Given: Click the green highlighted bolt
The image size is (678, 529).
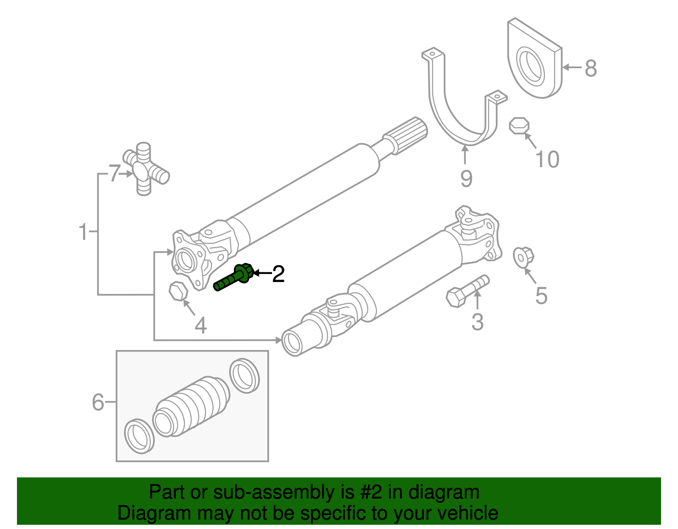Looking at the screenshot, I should [x=233, y=278].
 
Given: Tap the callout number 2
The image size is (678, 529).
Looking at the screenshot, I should [x=278, y=274].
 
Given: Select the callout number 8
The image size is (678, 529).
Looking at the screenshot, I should [x=591, y=68].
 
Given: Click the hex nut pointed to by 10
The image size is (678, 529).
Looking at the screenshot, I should [x=519, y=126].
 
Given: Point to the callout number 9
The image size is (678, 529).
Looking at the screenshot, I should [x=466, y=178].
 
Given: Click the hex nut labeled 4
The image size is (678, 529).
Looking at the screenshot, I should [x=178, y=291].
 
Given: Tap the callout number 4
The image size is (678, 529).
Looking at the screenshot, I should [x=200, y=325].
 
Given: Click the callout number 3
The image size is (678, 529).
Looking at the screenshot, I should [x=477, y=322].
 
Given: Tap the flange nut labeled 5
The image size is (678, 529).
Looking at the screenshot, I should [x=523, y=257].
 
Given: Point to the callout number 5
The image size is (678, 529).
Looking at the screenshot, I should [x=541, y=296].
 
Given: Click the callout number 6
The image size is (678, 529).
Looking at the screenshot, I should [x=98, y=402].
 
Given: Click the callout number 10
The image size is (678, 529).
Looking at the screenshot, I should [x=547, y=159].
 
